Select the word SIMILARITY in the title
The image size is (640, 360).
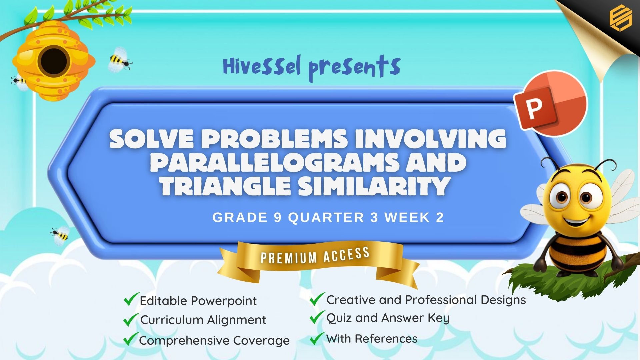374,186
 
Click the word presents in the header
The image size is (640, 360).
355,68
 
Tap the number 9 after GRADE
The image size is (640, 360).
278,218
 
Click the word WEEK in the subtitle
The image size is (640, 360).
407,218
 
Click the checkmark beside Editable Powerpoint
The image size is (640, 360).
131,299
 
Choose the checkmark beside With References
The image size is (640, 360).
317,338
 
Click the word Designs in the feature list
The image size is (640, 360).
503,300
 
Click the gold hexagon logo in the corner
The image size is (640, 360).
620,18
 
